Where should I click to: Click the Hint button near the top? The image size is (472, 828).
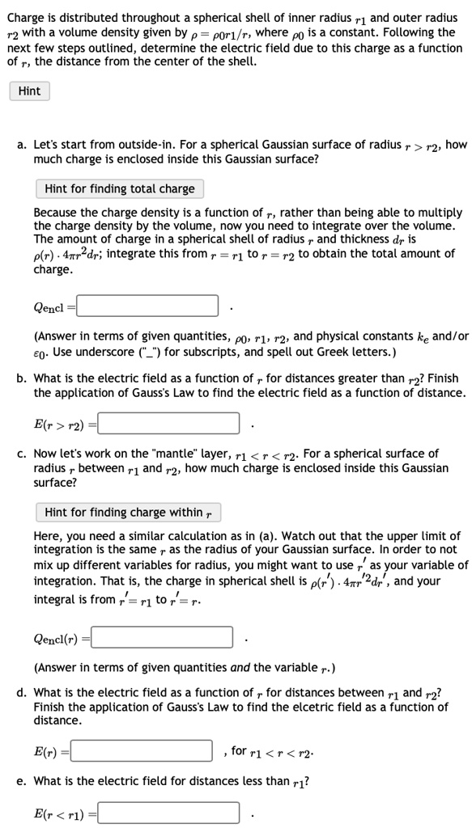click(29, 91)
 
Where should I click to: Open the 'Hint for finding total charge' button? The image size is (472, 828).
click(120, 189)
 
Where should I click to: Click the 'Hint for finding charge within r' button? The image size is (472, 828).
click(127, 512)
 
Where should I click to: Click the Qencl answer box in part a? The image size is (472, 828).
click(147, 306)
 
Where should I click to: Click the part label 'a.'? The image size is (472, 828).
click(22, 146)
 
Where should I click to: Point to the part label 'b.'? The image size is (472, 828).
click(22, 378)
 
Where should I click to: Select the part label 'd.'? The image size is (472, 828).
click(22, 692)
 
